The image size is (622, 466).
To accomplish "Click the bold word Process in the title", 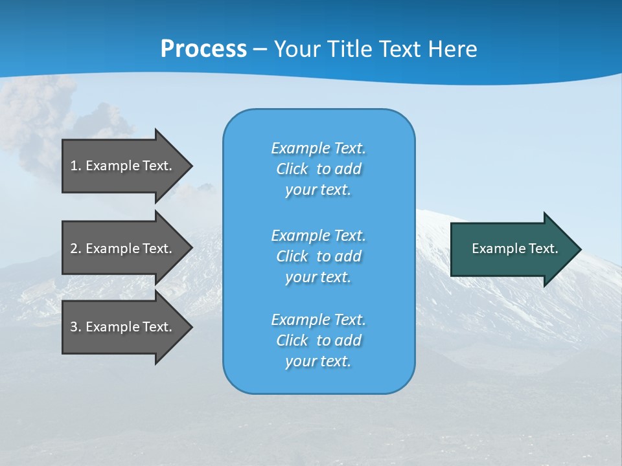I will (x=203, y=49).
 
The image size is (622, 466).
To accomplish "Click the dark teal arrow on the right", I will (x=512, y=249).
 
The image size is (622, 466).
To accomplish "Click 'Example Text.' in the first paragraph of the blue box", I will (x=318, y=148).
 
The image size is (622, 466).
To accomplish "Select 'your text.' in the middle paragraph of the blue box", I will (x=318, y=277).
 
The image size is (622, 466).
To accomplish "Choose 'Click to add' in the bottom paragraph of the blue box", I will (x=318, y=340).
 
